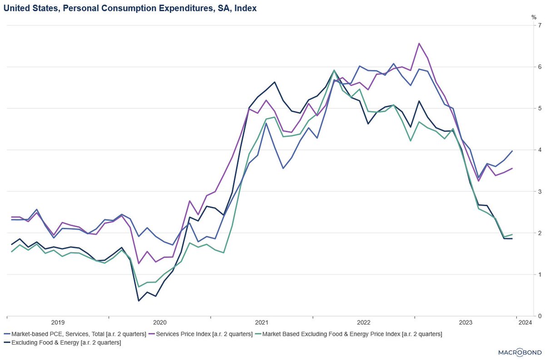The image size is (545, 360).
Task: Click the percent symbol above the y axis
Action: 534,17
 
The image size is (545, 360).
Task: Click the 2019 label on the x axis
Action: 58,323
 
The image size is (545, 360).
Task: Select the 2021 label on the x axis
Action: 262,323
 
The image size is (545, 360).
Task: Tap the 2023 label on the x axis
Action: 466,323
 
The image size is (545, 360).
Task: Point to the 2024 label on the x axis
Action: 525,323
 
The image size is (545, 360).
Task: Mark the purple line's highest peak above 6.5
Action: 418,44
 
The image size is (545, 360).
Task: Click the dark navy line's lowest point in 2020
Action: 139,301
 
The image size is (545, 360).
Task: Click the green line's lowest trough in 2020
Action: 139,286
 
